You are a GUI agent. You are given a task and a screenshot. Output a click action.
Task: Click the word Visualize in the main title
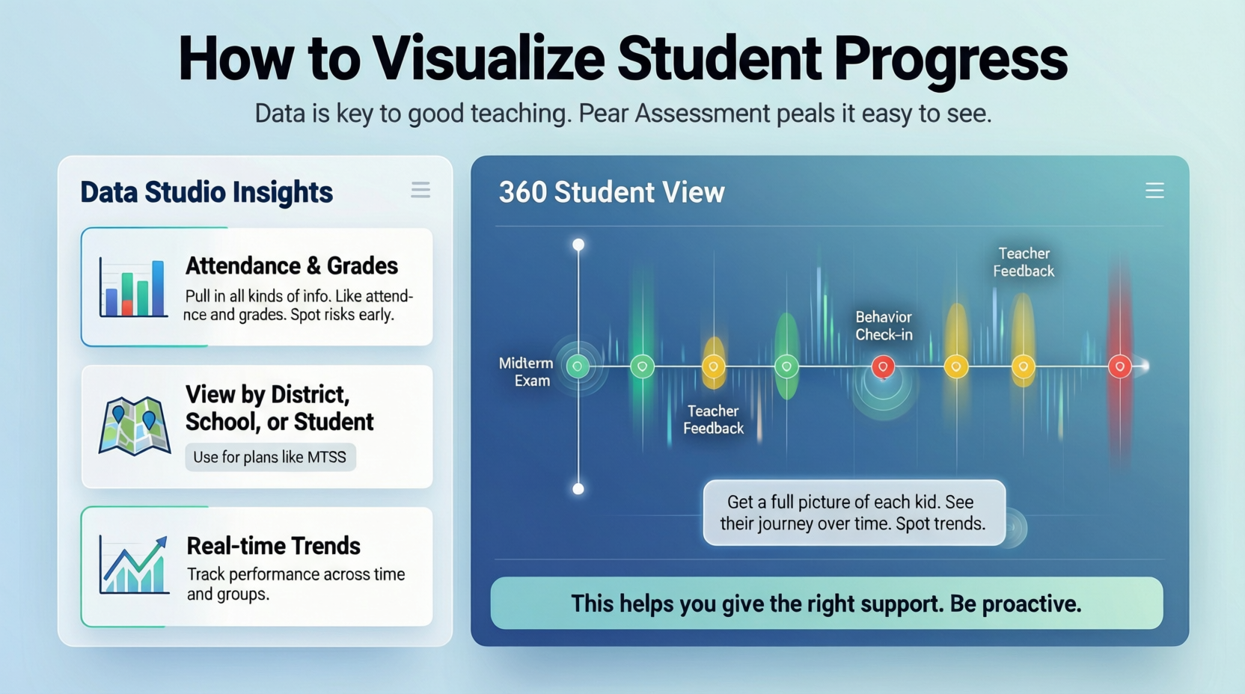coord(489,60)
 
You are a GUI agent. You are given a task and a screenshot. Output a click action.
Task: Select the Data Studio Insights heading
coord(207,192)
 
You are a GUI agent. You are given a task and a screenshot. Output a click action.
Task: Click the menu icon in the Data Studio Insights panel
coord(420,190)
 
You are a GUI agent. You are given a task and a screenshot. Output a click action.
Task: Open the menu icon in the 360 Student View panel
coord(1154,191)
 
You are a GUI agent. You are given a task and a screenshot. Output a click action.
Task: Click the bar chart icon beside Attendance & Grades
coord(133,287)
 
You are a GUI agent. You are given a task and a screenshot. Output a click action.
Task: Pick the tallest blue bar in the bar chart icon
coord(159,289)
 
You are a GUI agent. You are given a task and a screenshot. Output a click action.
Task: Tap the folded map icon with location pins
coord(135,426)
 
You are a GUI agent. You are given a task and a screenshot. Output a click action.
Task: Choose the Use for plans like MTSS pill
coord(270,457)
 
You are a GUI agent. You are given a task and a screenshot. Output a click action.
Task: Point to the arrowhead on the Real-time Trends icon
coord(162,542)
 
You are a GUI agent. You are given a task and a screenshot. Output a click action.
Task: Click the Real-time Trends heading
coord(273,546)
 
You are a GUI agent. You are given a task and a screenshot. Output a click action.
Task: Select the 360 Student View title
coord(612,192)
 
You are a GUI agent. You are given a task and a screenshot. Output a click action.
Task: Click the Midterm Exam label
coord(526,372)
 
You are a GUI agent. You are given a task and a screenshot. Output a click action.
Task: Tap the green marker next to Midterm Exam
coord(578,366)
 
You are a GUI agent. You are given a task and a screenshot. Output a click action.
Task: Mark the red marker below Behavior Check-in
coord(883,366)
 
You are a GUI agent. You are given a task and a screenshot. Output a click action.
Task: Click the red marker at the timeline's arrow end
coord(1120,366)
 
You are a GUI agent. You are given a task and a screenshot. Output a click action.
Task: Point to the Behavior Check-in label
coord(884,325)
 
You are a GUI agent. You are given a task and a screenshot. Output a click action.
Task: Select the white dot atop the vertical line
coord(578,245)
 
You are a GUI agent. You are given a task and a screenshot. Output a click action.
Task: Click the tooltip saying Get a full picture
coord(854,513)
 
